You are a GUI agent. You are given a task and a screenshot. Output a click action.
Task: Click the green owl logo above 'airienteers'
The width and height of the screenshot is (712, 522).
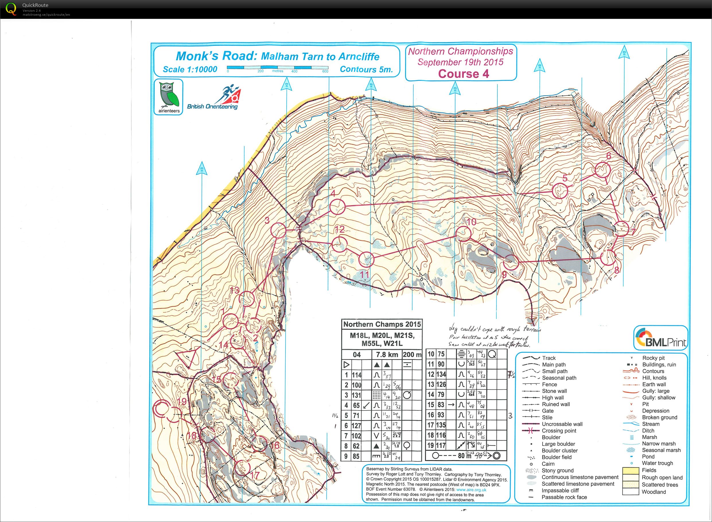pos(168,94)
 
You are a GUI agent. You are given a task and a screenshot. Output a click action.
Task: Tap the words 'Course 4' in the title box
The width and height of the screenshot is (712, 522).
pos(463,74)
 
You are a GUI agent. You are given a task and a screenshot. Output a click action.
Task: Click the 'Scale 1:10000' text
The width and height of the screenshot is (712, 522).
pos(190,69)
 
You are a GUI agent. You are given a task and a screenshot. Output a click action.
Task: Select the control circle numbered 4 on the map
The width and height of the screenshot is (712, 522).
pos(337,207)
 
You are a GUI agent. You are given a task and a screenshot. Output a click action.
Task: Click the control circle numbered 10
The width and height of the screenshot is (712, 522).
pos(463,233)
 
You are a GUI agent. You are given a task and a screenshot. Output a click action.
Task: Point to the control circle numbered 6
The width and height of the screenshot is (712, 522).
pos(602,170)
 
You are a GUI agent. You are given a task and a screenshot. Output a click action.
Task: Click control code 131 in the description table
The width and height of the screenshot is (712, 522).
pos(356,395)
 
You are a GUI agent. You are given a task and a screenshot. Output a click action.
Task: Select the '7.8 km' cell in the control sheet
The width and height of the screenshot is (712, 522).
pos(387,355)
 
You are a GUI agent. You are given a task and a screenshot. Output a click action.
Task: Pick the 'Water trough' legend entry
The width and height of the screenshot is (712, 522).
pos(657,463)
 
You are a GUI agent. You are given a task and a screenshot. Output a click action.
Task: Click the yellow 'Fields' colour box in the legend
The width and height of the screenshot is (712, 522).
pos(631,470)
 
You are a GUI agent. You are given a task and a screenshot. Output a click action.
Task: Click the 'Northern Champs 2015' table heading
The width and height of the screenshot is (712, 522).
pos(382,324)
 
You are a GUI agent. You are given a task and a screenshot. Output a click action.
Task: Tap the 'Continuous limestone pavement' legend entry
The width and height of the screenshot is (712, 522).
pos(579,477)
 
